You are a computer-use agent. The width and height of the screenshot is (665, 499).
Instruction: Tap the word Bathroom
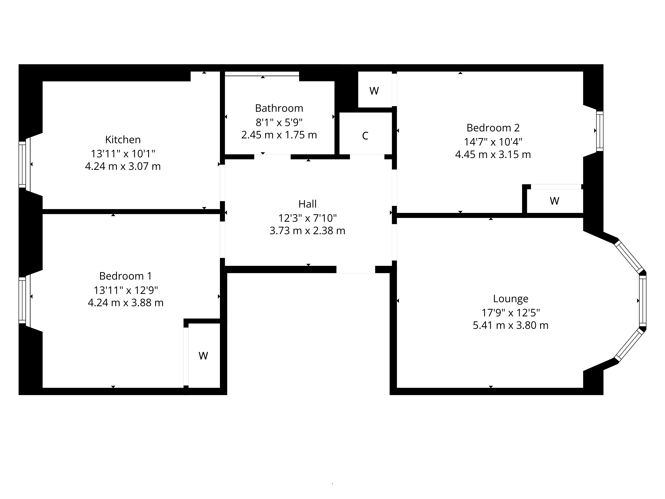pos(279,108)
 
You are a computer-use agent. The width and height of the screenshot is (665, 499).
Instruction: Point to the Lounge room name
pos(511,299)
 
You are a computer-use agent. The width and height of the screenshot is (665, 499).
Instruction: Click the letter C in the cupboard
pos(365,136)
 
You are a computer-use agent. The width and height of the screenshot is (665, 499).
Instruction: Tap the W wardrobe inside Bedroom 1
pos(203,356)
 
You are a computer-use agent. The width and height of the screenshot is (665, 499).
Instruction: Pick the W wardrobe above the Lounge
pos(554,201)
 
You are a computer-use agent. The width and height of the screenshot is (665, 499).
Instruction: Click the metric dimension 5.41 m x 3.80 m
pos(511,326)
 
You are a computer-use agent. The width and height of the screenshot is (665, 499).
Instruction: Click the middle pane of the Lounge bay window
pos(642,301)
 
